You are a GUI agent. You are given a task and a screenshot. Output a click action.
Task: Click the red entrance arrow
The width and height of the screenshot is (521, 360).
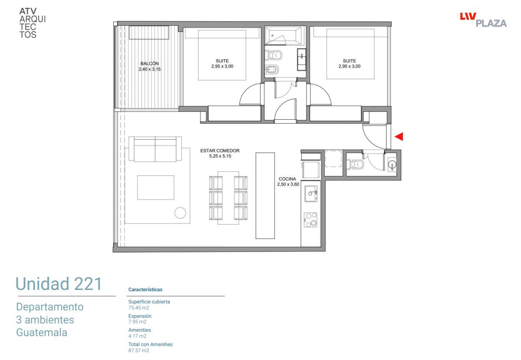(400, 136)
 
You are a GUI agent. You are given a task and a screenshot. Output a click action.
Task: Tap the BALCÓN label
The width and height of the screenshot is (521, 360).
(150, 64)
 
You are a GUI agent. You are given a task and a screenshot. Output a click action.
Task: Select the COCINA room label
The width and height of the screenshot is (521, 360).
(287, 179)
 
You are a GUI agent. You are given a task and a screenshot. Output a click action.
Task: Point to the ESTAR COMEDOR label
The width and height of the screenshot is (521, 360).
(220, 151)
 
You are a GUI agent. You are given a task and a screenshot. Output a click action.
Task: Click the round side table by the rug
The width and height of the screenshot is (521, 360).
(180, 213)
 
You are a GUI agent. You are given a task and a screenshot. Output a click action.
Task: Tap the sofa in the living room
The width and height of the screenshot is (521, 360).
(155, 149)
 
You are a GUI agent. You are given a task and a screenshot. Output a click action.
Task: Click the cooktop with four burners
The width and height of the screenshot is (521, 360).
(310, 220)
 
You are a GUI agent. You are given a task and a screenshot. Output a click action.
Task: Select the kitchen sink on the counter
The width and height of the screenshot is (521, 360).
(311, 194)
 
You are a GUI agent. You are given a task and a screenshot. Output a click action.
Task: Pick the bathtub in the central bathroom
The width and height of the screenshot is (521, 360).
(284, 36)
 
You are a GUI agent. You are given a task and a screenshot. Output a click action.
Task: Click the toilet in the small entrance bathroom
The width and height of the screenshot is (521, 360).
(355, 164)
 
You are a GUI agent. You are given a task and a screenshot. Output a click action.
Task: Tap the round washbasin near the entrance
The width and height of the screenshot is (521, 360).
(392, 165)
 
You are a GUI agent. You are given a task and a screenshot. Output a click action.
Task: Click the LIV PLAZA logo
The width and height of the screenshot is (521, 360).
(483, 20)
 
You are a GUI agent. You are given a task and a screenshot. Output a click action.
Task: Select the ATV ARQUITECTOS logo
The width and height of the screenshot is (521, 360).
(32, 23)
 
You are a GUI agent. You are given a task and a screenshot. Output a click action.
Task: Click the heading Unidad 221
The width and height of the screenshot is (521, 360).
(59, 284)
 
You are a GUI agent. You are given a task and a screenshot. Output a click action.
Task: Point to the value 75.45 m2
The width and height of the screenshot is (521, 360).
(139, 308)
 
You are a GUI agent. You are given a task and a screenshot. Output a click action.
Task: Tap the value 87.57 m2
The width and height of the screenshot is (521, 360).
(139, 350)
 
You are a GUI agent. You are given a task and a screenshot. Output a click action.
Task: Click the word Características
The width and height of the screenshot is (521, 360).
(145, 289)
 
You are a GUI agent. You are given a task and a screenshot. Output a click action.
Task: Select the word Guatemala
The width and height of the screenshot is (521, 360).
(41, 333)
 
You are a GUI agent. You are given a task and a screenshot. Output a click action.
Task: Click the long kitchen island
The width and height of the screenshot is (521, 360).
(265, 195)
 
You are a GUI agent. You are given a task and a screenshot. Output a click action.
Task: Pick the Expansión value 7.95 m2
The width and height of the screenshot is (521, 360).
(138, 322)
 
